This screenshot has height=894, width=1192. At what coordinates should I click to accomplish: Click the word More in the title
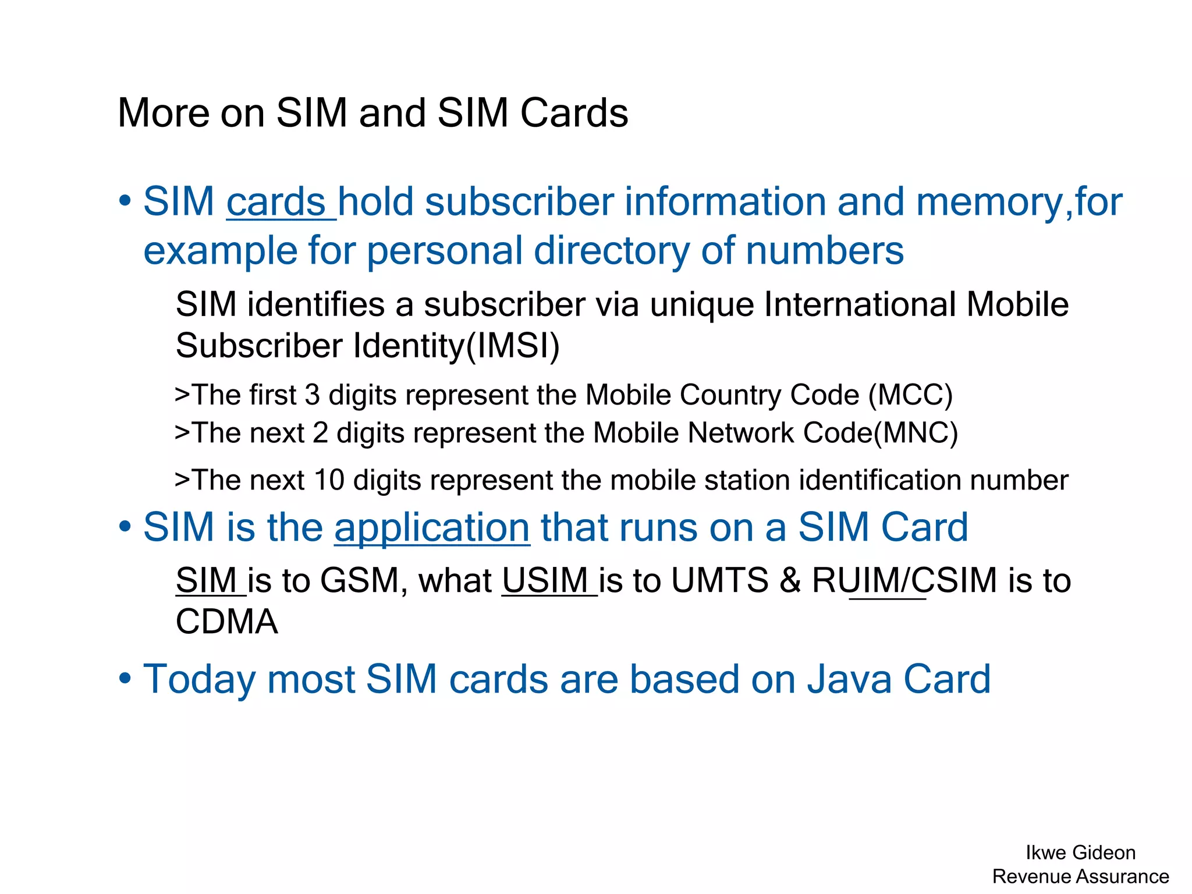coord(163,113)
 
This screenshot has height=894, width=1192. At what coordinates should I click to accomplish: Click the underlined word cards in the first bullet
coord(276,203)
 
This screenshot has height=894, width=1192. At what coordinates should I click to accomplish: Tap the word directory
coord(611,251)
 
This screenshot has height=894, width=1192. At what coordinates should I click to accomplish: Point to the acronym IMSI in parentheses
coord(513,346)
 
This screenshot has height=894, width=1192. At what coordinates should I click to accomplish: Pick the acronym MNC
coord(916,434)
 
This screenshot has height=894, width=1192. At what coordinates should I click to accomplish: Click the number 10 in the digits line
coord(329,481)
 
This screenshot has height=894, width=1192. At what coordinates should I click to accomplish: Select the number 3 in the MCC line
coord(313,395)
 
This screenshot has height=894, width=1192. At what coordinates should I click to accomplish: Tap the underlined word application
coord(432,528)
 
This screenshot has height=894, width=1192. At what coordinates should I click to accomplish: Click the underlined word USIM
coord(545,581)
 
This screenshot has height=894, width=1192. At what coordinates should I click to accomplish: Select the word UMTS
coord(719,581)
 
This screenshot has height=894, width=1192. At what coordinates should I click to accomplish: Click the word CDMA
coord(227,622)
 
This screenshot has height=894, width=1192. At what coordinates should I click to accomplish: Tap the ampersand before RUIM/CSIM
coord(790,581)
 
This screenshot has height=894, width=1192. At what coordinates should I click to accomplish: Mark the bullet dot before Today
coord(125,679)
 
